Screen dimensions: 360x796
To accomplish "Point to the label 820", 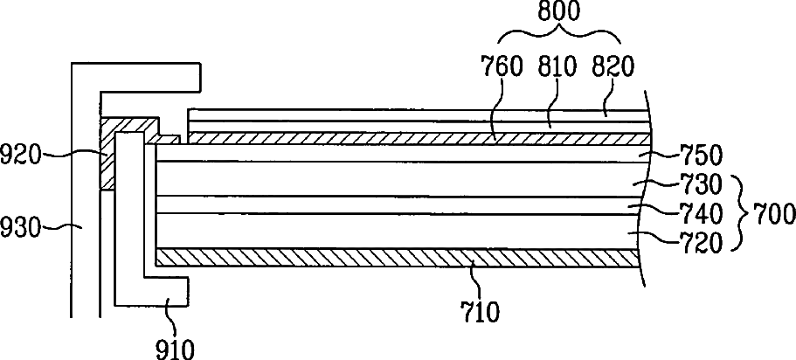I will point(613,65).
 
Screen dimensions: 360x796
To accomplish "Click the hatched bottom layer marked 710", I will point(393,256).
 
